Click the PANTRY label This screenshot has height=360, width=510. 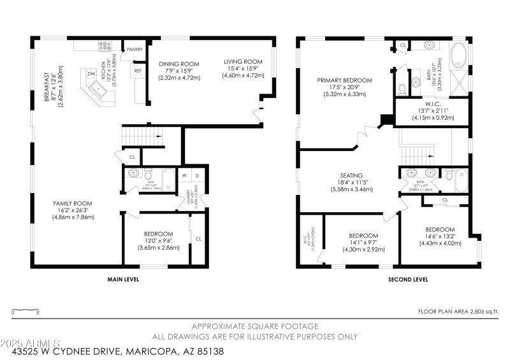point(135,49)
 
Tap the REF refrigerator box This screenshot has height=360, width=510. point(137,71)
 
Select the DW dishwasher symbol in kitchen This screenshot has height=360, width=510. point(92,75)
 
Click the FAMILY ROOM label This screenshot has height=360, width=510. point(73,204)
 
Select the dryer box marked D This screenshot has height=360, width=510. point(197,175)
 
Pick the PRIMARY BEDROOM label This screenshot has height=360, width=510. point(344,81)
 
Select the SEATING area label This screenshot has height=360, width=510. point(351,176)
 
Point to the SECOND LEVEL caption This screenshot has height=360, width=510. point(408,279)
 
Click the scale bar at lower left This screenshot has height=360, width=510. point(26,310)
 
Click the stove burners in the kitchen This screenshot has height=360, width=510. point(105,45)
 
